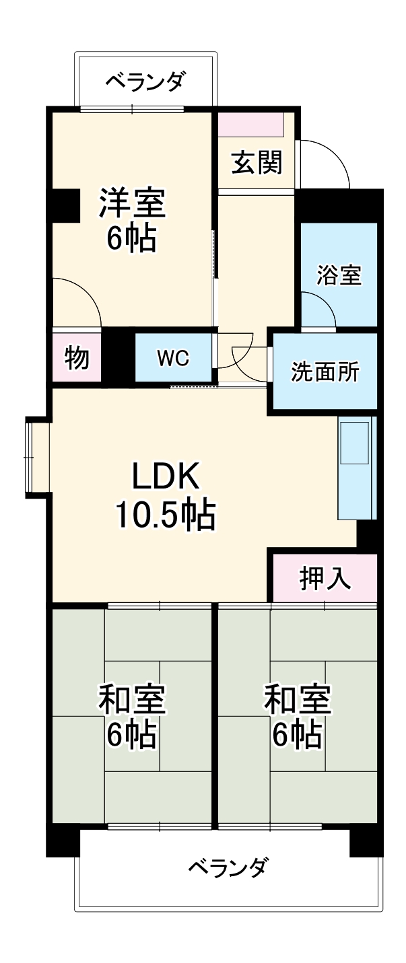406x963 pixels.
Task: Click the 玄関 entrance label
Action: click(x=257, y=163)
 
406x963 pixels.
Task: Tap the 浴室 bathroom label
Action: click(x=339, y=275)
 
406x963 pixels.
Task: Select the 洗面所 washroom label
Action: click(x=325, y=371)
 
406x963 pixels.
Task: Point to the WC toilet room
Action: click(x=173, y=358)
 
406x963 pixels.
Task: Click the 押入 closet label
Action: click(x=325, y=578)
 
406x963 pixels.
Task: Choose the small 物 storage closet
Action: click(x=77, y=358)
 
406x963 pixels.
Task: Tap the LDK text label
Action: click(x=165, y=477)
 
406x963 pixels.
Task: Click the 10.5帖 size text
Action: click(x=165, y=515)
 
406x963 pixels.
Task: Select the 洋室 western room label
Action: click(x=132, y=203)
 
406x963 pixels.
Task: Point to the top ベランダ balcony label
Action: click(x=145, y=82)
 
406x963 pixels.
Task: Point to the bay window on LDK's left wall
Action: click(x=36, y=458)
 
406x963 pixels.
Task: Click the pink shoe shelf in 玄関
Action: click(x=250, y=125)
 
